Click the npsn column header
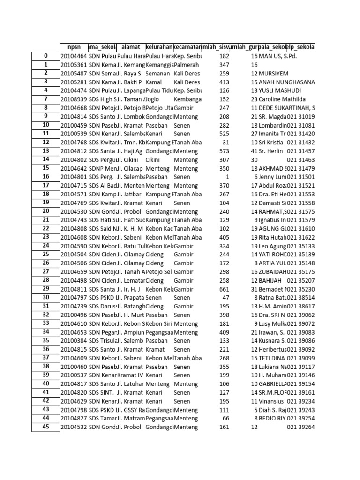click(74, 47)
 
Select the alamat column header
click(130, 47)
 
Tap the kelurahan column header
click(159, 47)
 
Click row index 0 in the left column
click(46, 56)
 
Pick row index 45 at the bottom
click(46, 427)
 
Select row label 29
click(46, 289)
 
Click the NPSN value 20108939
click(74, 99)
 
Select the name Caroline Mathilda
click(284, 99)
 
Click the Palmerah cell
click(187, 65)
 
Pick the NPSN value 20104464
click(74, 56)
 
